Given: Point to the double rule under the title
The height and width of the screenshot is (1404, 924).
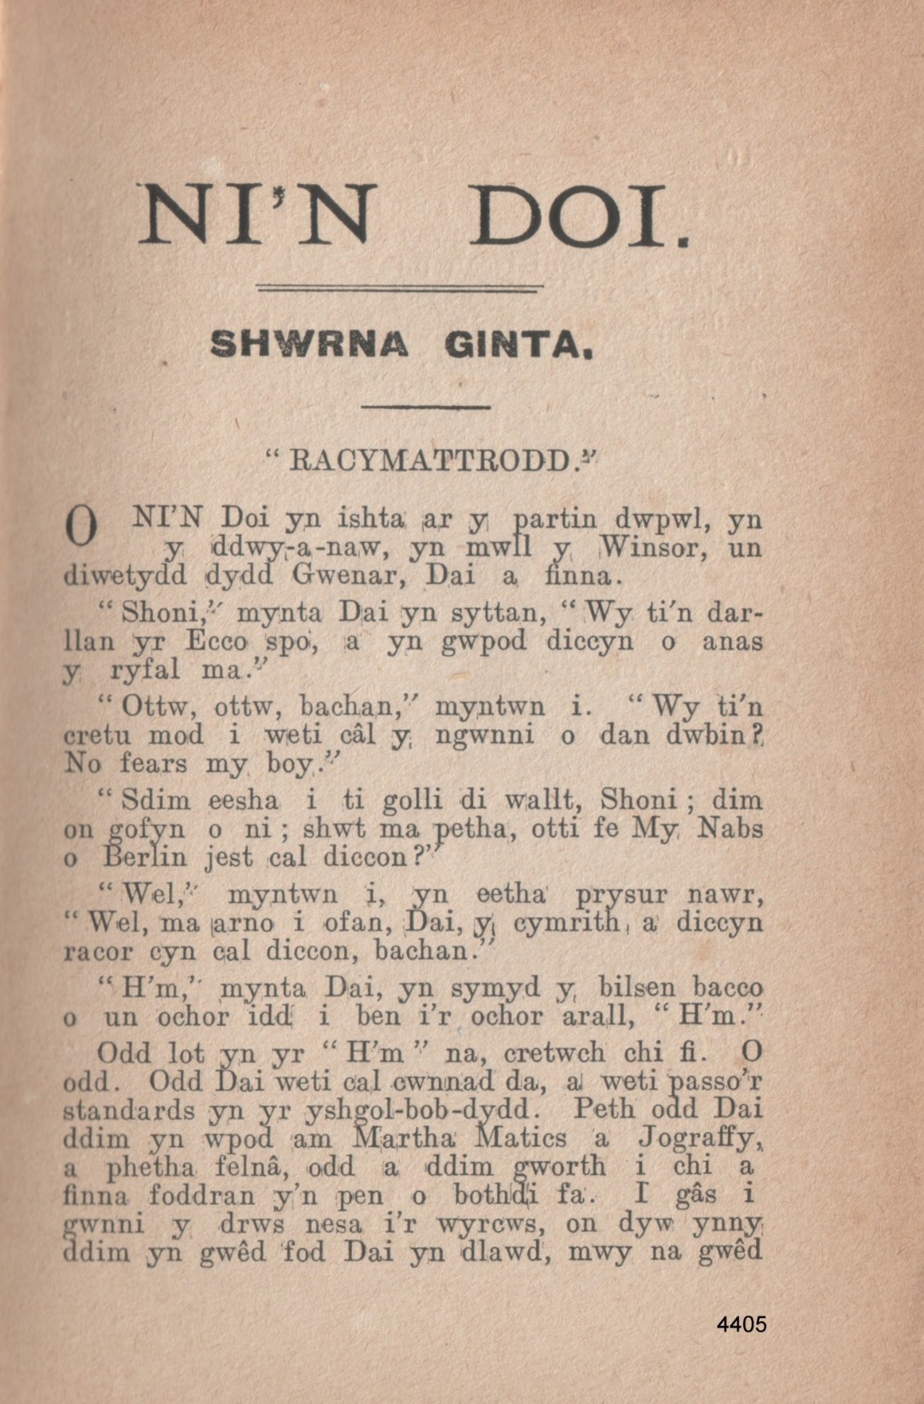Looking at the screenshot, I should point(400,289).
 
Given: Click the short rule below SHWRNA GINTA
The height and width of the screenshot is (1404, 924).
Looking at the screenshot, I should point(425,407).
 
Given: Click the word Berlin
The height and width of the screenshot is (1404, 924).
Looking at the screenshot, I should point(147,857).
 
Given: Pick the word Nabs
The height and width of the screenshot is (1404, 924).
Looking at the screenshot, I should point(730,828).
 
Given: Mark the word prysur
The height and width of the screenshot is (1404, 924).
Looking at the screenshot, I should point(617,895).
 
